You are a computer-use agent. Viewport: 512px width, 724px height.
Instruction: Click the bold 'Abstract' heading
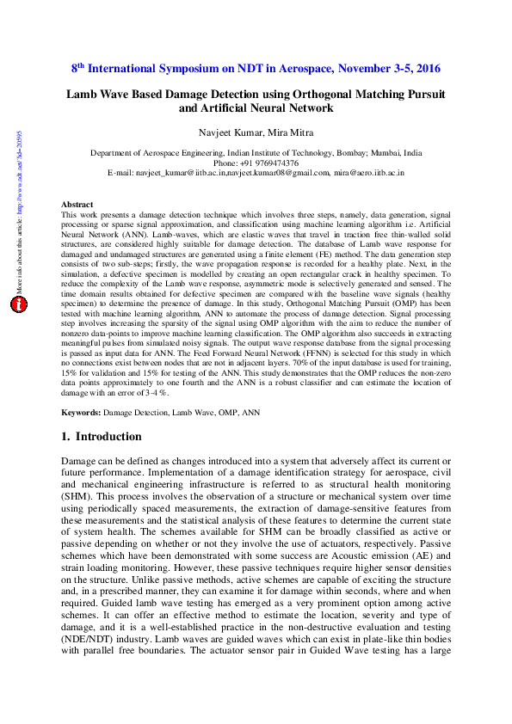click(77, 205)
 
